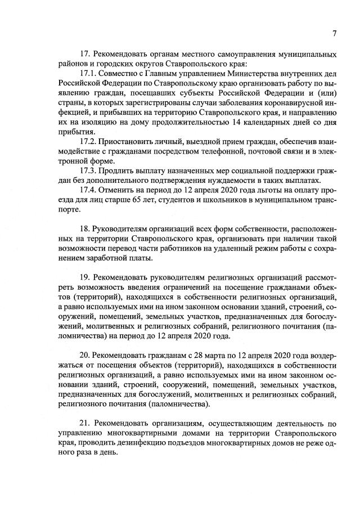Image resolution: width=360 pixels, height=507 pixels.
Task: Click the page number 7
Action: (334, 33)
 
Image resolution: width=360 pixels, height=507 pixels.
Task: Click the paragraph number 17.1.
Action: (91, 74)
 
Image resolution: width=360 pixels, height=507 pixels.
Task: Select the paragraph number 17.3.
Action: (91, 171)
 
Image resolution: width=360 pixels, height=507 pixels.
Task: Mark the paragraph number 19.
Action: (85, 277)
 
